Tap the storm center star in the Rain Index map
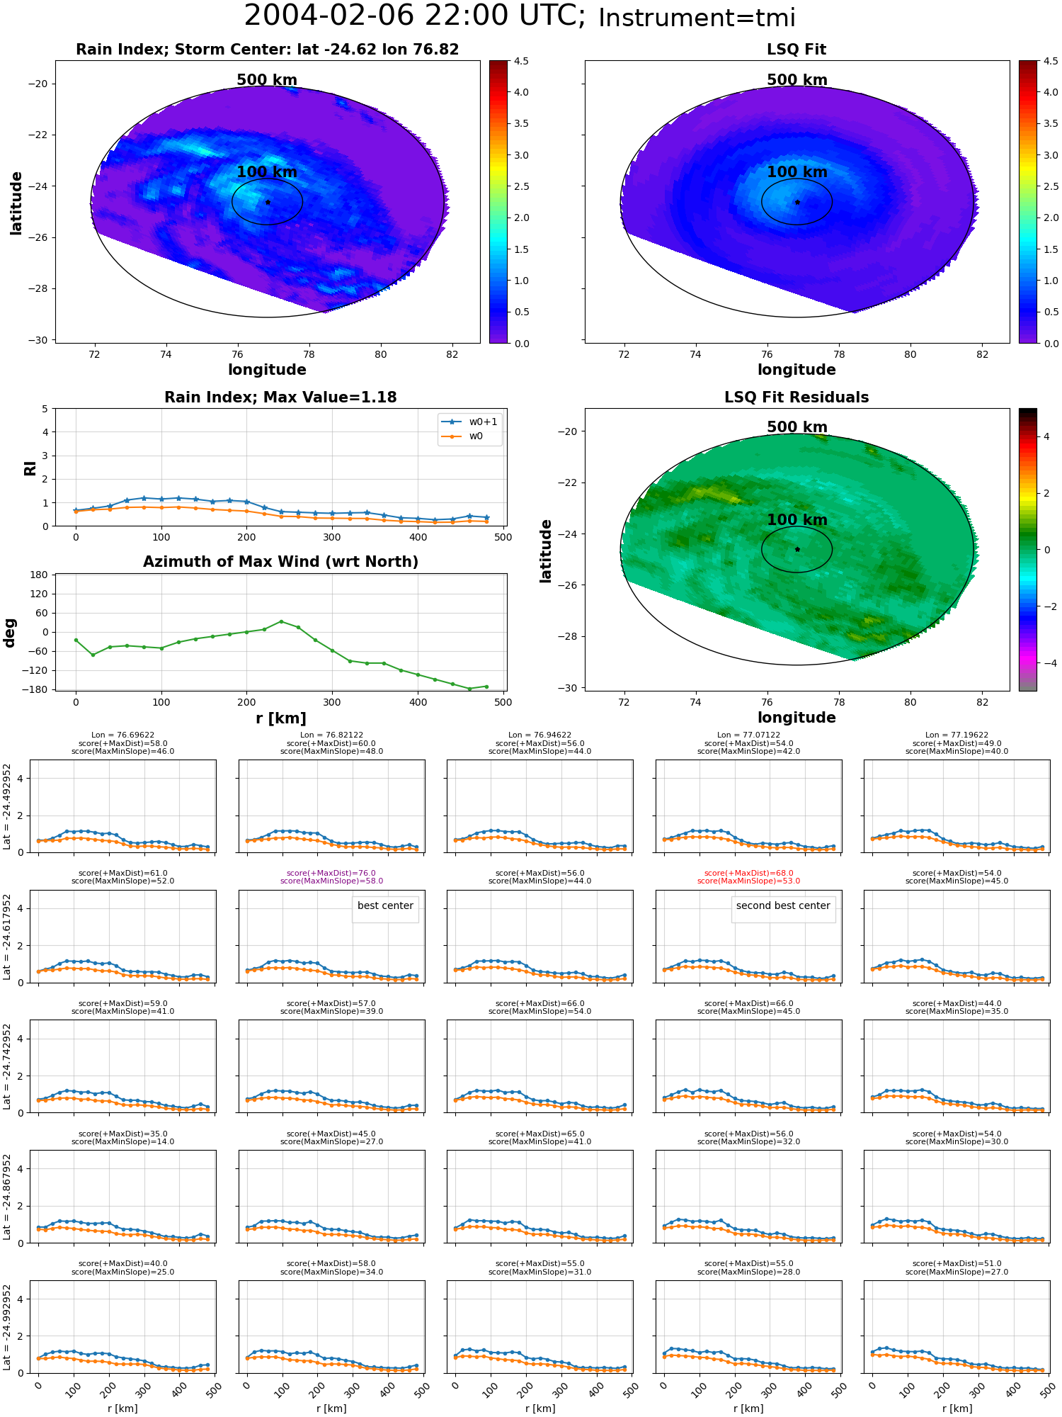coord(268,202)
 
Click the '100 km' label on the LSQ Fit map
coord(797,171)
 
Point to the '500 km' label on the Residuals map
coord(797,427)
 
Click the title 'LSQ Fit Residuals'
coord(796,397)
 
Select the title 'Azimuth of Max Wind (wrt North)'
coord(280,562)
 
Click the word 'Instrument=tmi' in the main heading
coord(697,18)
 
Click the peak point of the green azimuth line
coord(281,621)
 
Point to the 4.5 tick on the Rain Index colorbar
coord(521,61)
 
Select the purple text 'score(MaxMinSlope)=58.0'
coord(331,881)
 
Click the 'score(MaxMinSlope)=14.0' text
coord(122,1141)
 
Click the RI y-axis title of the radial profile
coord(30,468)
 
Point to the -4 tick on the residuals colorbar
coord(1046,663)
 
